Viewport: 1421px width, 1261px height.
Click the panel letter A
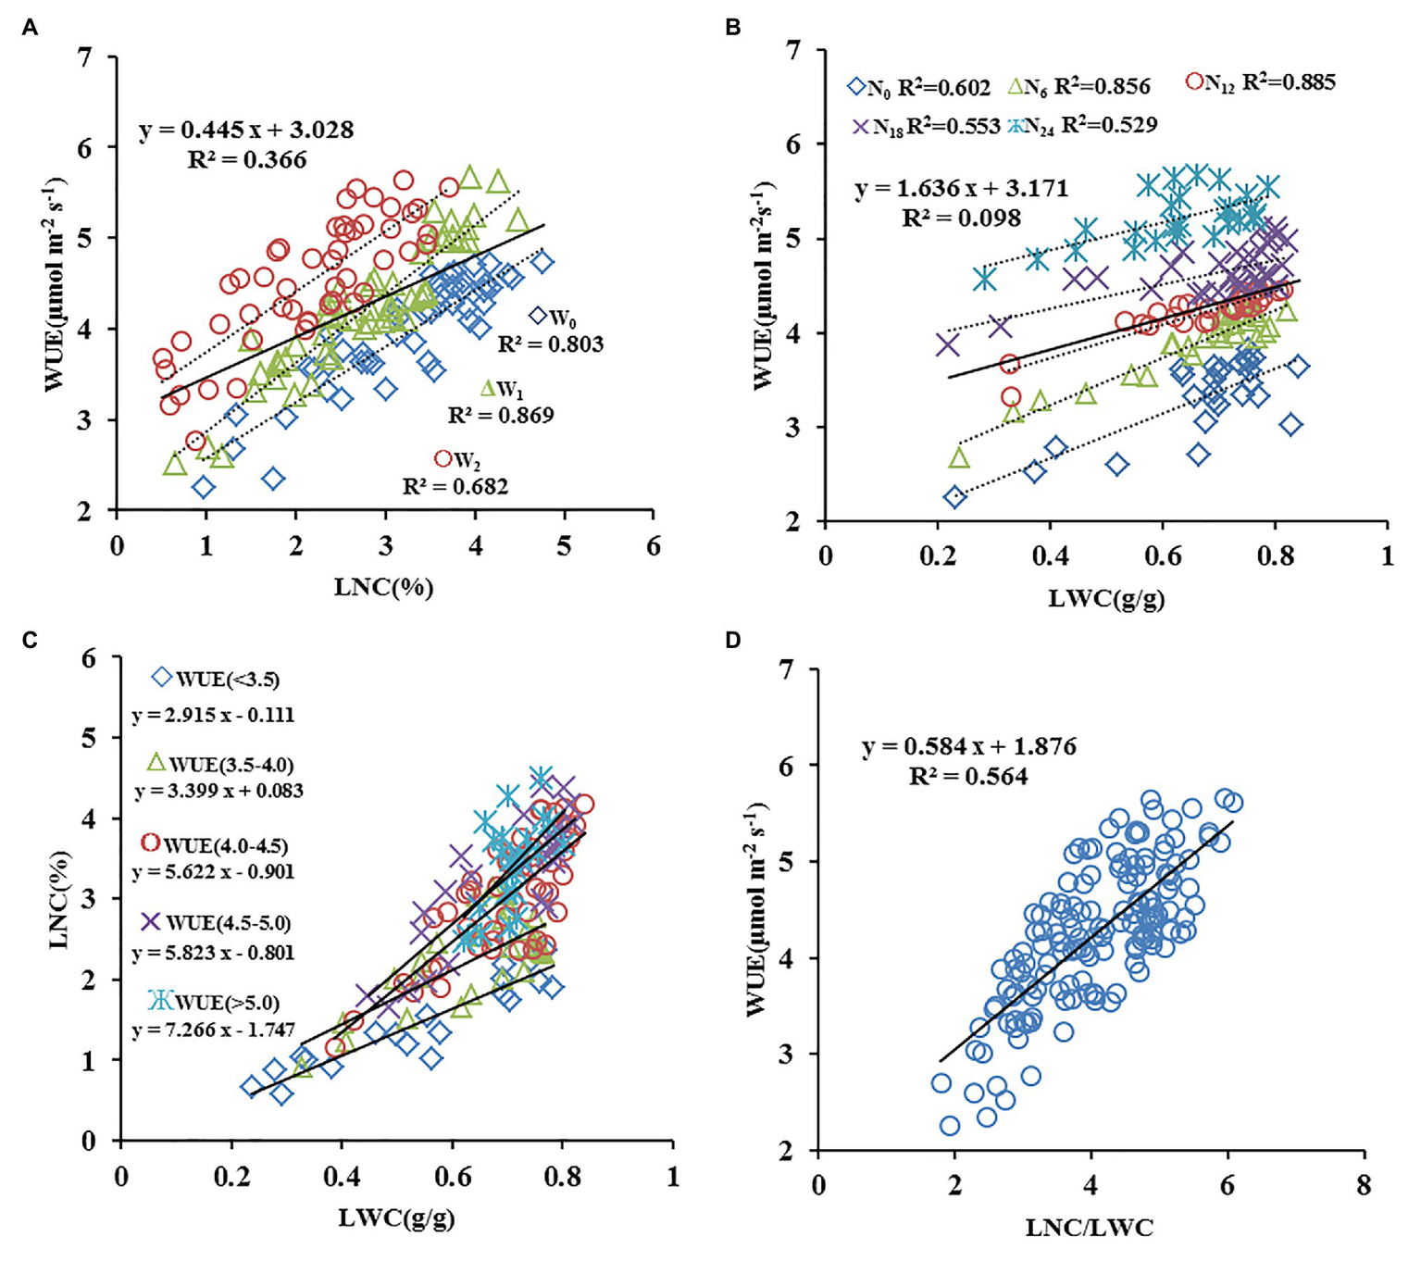click(x=30, y=28)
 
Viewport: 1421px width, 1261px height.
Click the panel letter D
click(x=733, y=641)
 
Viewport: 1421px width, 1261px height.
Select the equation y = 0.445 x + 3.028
click(x=246, y=130)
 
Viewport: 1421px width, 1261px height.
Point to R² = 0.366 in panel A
click(x=247, y=160)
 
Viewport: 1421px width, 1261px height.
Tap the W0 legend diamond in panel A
click(x=537, y=316)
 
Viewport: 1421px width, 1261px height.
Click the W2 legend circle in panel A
click(x=443, y=458)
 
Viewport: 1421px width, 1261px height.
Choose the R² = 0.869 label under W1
click(x=501, y=416)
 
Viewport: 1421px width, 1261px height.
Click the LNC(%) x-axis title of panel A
click(x=383, y=586)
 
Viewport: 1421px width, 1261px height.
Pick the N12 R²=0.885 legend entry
click(x=1260, y=82)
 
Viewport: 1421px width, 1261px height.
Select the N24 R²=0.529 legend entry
click(x=1082, y=125)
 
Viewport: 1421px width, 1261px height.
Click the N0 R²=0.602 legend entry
click(x=918, y=88)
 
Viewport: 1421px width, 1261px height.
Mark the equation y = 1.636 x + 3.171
click(x=962, y=189)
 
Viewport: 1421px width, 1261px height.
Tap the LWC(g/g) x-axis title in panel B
click(x=1106, y=598)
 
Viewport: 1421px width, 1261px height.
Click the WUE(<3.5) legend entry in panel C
click(x=216, y=679)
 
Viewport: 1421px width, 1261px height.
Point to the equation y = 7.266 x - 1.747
click(x=214, y=1030)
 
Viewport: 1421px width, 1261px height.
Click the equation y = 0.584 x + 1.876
click(x=969, y=746)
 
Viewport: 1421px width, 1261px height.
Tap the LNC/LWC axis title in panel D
click(x=1090, y=1228)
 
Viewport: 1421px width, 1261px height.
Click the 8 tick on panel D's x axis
click(x=1363, y=1185)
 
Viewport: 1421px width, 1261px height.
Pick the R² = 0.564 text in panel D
click(x=968, y=777)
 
